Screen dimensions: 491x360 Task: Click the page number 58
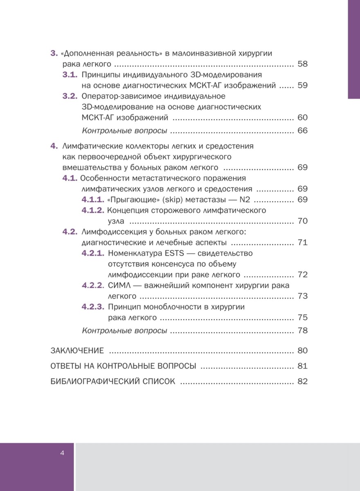pyautogui.click(x=303, y=64)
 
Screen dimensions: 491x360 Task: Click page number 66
pyautogui.click(x=303, y=131)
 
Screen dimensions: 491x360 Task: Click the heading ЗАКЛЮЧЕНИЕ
pyautogui.click(x=77, y=351)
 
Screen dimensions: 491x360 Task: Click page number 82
pyautogui.click(x=303, y=381)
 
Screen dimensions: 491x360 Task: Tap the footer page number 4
pyautogui.click(x=62, y=453)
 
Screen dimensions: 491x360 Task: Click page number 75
pyautogui.click(x=303, y=318)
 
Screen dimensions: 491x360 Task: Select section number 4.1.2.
pyautogui.click(x=92, y=211)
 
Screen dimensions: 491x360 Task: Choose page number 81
pyautogui.click(x=303, y=366)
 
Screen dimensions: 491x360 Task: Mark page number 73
pyautogui.click(x=303, y=296)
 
